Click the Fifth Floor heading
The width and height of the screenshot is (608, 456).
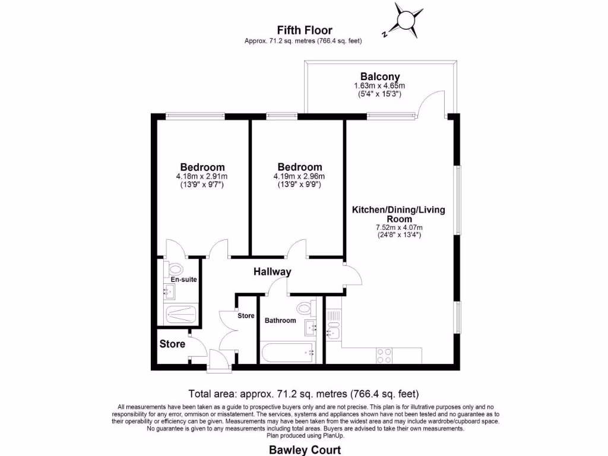click(305, 30)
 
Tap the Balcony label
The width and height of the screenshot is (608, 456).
click(380, 77)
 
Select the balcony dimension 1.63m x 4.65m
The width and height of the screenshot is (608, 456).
click(380, 86)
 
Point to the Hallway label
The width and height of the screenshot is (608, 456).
click(273, 272)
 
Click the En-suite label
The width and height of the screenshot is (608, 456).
click(183, 279)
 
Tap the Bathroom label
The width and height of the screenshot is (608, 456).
click(280, 321)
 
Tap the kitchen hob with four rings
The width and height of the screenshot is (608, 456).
click(384, 356)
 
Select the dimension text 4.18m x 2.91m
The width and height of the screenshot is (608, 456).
click(202, 176)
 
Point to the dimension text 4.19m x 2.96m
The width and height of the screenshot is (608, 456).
click(299, 176)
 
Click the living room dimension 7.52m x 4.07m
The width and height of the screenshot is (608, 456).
click(398, 227)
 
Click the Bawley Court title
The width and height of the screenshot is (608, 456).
click(304, 449)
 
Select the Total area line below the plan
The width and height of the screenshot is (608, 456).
click(304, 393)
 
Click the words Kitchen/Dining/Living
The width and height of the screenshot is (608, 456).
click(398, 210)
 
